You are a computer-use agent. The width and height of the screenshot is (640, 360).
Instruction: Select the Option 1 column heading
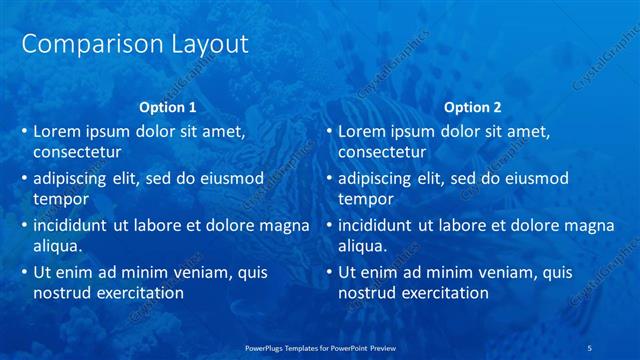(168, 107)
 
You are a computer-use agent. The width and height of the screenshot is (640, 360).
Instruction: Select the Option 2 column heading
(473, 107)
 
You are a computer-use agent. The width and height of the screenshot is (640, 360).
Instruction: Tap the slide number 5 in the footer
(592, 348)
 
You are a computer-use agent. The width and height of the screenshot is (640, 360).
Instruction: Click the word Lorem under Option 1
(58, 131)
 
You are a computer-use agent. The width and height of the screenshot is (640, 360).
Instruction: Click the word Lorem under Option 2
(363, 131)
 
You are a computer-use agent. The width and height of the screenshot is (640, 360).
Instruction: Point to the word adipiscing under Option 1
(74, 179)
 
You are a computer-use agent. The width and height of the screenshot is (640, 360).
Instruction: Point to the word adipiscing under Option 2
(379, 179)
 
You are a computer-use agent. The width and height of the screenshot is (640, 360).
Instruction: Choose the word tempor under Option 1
(61, 199)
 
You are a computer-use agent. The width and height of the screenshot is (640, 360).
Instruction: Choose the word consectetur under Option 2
(382, 152)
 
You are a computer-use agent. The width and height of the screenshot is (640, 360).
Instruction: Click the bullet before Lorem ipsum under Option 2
(328, 131)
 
